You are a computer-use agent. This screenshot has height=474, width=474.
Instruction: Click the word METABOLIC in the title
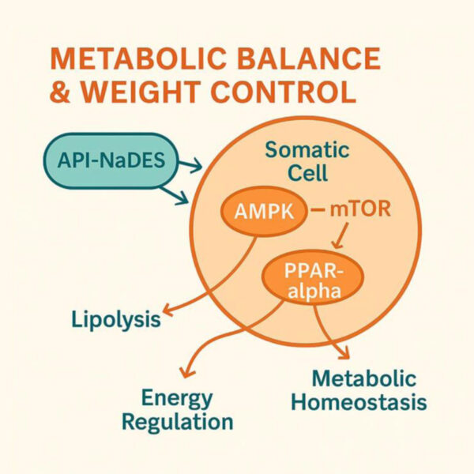(138, 58)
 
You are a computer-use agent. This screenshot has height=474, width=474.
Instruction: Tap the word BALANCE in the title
(309, 58)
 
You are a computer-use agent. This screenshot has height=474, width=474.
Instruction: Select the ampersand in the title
(60, 92)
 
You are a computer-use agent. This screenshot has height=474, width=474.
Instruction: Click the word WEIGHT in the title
(141, 92)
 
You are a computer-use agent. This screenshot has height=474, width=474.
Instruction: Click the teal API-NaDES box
(111, 160)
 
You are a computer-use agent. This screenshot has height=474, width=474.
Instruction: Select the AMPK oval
(264, 211)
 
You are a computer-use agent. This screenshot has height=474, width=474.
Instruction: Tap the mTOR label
(360, 209)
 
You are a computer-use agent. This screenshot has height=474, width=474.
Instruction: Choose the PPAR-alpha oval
(313, 277)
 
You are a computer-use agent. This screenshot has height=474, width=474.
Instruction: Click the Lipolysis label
(116, 320)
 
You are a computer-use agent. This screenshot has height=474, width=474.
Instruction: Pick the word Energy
(177, 399)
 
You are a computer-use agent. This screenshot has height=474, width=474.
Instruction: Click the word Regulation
(178, 423)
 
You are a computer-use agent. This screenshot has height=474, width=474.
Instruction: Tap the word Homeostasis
(359, 402)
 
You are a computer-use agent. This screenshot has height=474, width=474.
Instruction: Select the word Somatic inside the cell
(307, 150)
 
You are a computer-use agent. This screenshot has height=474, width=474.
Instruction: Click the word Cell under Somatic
(308, 172)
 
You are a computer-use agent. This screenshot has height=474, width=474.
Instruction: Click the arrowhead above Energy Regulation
(186, 372)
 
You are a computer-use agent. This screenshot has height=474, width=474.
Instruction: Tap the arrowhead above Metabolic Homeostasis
(344, 353)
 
